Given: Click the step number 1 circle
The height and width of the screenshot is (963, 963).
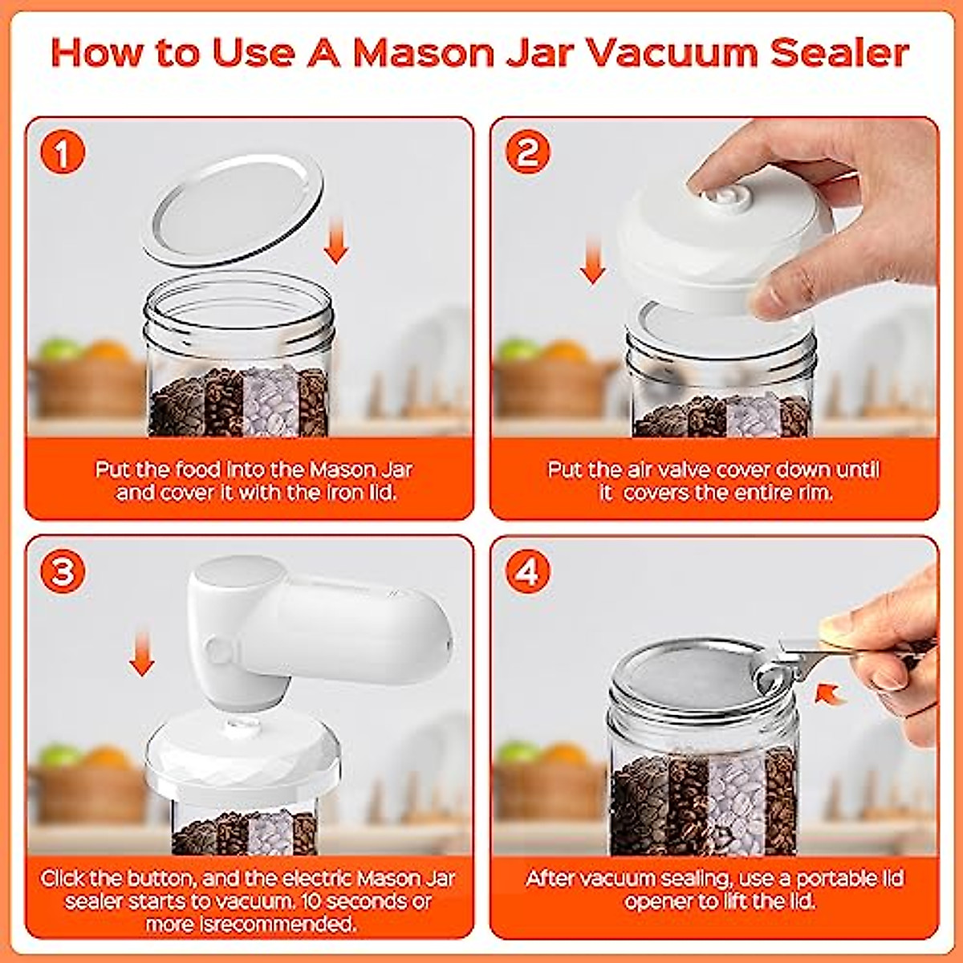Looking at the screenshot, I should (x=63, y=152).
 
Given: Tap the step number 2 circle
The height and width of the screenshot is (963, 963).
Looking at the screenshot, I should (x=527, y=152).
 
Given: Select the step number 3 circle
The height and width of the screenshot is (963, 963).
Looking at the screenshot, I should (x=63, y=571).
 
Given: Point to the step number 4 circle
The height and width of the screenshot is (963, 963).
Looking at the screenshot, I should (x=527, y=571).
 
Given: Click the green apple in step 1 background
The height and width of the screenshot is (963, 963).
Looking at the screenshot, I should (x=59, y=351).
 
